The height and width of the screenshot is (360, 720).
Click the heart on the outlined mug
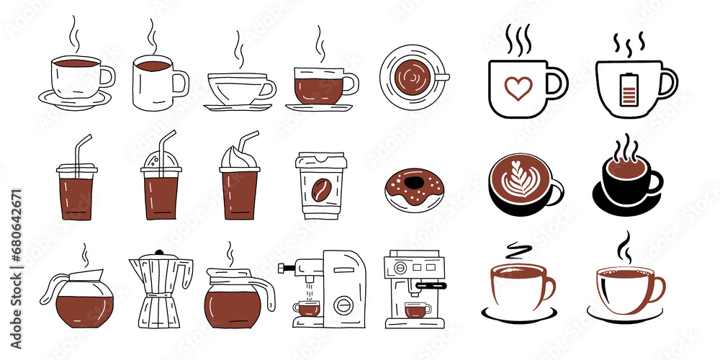click(518, 88)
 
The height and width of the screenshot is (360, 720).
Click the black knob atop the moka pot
click(159, 253)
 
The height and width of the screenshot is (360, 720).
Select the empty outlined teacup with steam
click(240, 88)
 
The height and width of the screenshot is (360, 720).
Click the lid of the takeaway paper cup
click(321, 161)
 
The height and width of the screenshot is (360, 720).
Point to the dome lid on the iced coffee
click(160, 161)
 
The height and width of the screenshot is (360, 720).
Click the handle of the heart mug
click(557, 82)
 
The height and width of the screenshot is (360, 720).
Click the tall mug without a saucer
click(153, 83)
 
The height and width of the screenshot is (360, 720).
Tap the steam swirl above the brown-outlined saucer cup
click(516, 251)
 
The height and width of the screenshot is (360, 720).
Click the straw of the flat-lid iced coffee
click(81, 148)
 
